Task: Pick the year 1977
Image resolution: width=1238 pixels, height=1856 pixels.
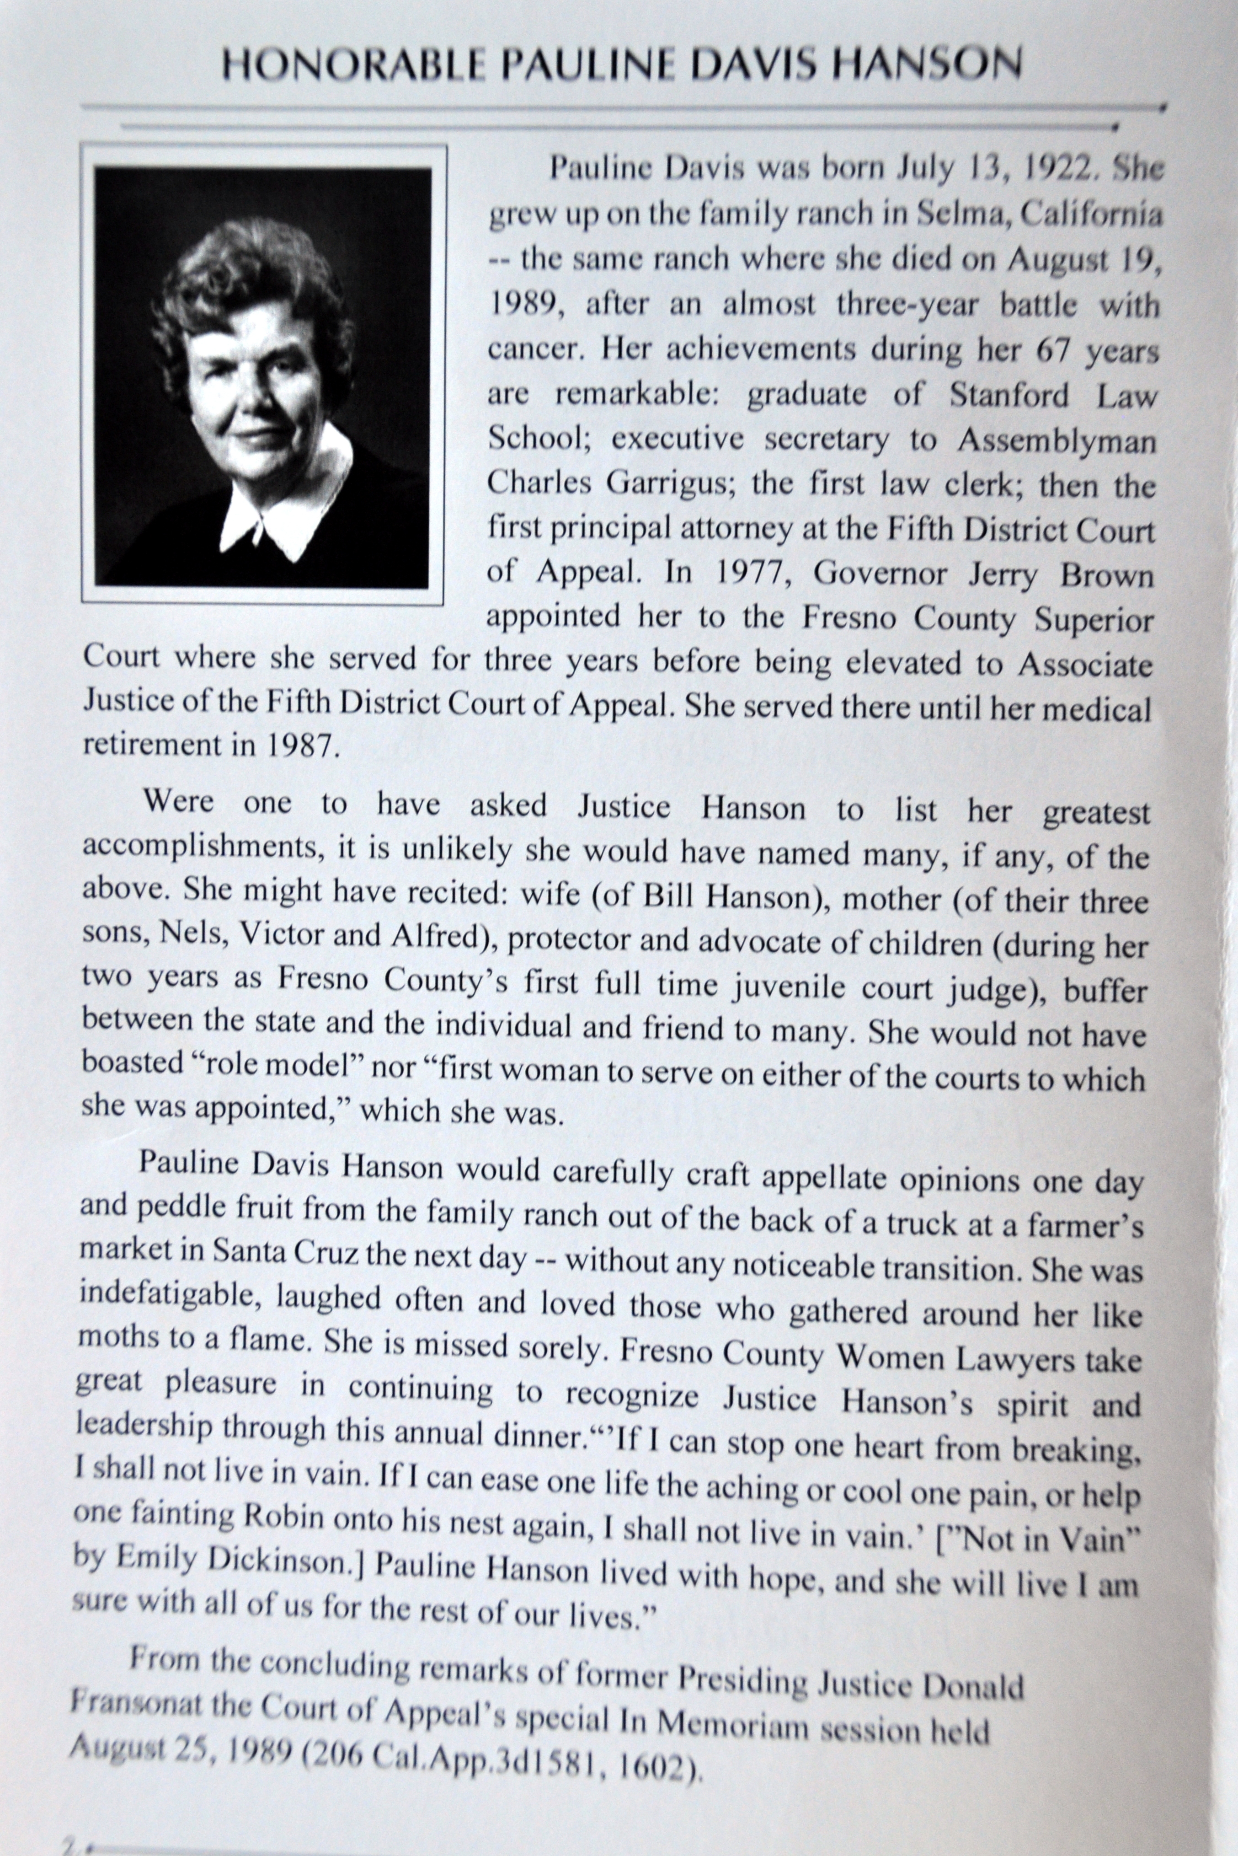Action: pos(746,574)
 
